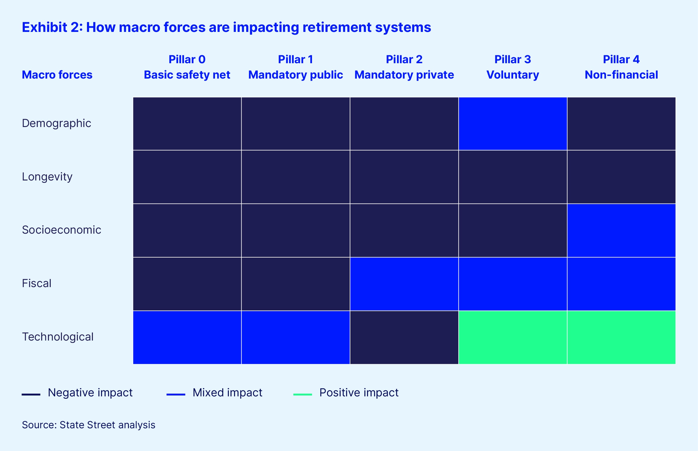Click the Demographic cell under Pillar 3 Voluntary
(513, 124)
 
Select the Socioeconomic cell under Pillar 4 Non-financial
(621, 230)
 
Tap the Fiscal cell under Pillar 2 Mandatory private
(404, 284)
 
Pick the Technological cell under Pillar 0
(187, 337)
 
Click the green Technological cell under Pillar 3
(513, 337)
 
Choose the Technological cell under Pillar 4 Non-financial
(621, 337)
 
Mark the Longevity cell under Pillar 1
(296, 177)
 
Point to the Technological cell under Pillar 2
(404, 337)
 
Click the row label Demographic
(57, 123)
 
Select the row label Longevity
(47, 177)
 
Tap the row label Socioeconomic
(62, 230)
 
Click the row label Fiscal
(37, 283)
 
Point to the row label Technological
(58, 337)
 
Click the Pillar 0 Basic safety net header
(187, 67)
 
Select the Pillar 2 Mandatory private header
(404, 67)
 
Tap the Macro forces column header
(57, 75)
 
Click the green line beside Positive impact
(303, 394)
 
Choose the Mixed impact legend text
(227, 393)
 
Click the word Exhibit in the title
(45, 27)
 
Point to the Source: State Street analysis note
(88, 425)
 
